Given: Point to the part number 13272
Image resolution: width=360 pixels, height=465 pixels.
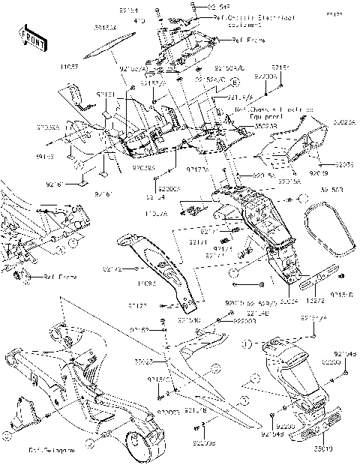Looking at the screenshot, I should pyautogui.click(x=316, y=298).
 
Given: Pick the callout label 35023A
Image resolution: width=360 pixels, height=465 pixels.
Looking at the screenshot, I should pyautogui.click(x=344, y=118).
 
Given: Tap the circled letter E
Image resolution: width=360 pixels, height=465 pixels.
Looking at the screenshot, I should pyautogui.click(x=235, y=81).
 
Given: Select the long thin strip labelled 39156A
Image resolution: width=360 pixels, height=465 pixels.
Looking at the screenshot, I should pyautogui.click(x=105, y=47).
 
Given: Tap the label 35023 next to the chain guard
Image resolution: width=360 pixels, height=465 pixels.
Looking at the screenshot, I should pyautogui.click(x=144, y=361).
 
